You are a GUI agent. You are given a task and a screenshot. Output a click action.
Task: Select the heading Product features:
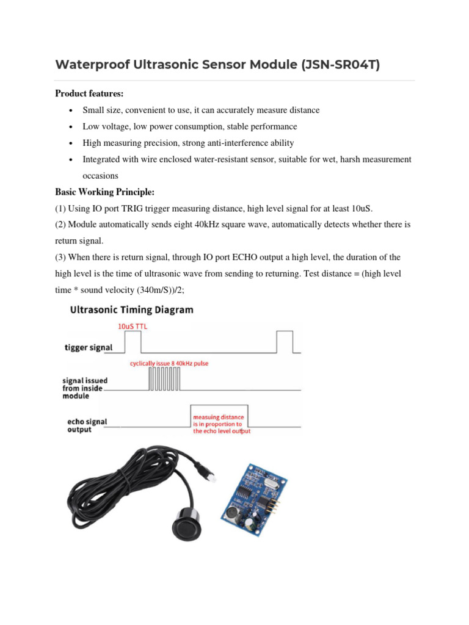[x=89, y=94]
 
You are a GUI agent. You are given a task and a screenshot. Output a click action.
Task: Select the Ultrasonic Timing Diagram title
[x=132, y=310]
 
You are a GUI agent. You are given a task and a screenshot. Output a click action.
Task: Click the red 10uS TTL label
[x=132, y=327]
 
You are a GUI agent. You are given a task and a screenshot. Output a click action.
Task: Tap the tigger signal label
[x=89, y=348]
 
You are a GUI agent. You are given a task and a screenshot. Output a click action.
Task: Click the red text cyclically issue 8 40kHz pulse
[x=169, y=364]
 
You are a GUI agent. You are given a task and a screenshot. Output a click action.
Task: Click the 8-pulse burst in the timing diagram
[x=164, y=381]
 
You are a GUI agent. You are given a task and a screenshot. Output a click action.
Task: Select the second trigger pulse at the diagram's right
[x=285, y=341]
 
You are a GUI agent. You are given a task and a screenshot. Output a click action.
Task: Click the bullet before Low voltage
[x=72, y=127]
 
